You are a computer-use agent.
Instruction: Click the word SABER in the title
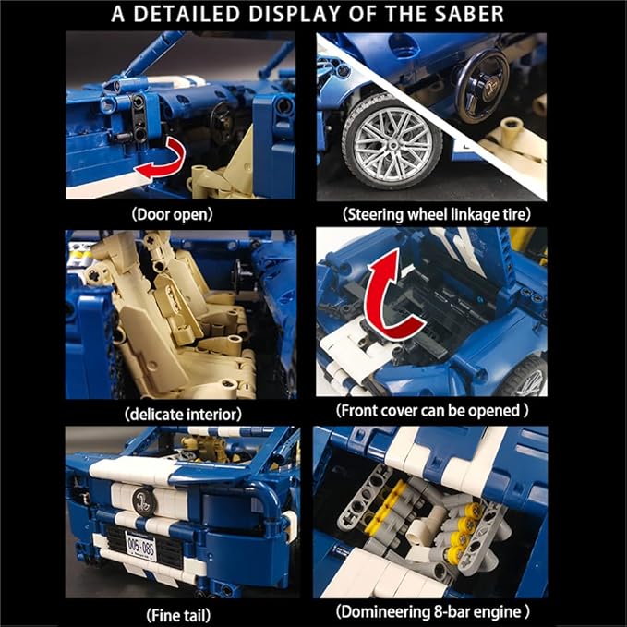pos(469,14)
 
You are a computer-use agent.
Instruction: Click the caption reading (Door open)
pos(173,215)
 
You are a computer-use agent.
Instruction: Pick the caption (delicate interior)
pos(183,415)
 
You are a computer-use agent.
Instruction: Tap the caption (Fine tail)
pos(178,615)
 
